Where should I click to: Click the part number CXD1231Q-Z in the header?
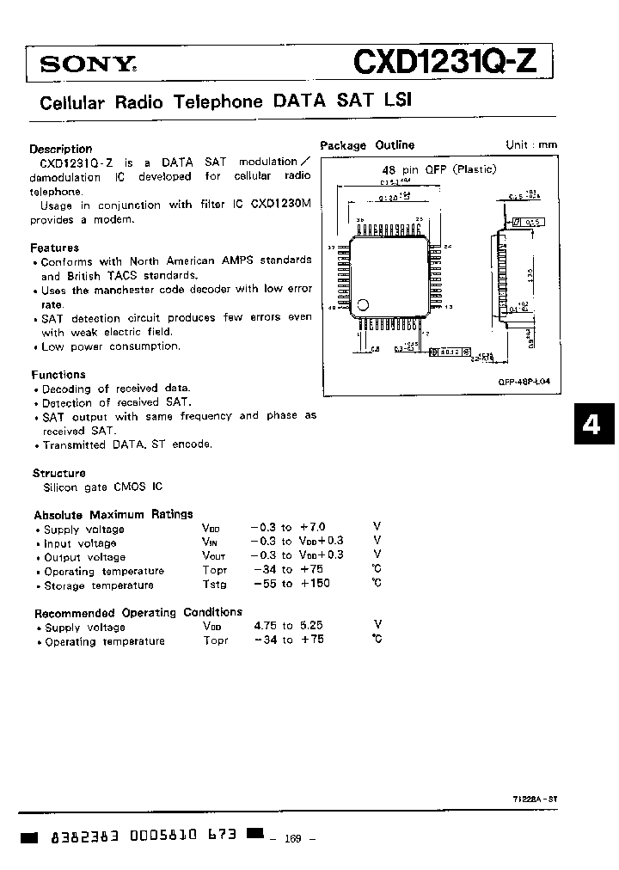pyautogui.click(x=448, y=62)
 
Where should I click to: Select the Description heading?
pyautogui.click(x=60, y=148)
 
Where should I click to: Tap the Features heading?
pyautogui.click(x=54, y=247)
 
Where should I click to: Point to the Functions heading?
pyautogui.click(x=58, y=375)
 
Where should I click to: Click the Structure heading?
pyautogui.click(x=58, y=473)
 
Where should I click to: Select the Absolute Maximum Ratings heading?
pyautogui.click(x=113, y=514)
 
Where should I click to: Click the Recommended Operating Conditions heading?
pyautogui.click(x=138, y=612)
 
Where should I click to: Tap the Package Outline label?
pyautogui.click(x=367, y=145)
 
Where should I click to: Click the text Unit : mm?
pyautogui.click(x=531, y=145)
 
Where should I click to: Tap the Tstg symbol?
pyautogui.click(x=215, y=585)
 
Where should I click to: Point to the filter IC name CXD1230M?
pyautogui.click(x=281, y=205)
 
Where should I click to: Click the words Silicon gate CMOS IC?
pyautogui.click(x=102, y=487)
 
